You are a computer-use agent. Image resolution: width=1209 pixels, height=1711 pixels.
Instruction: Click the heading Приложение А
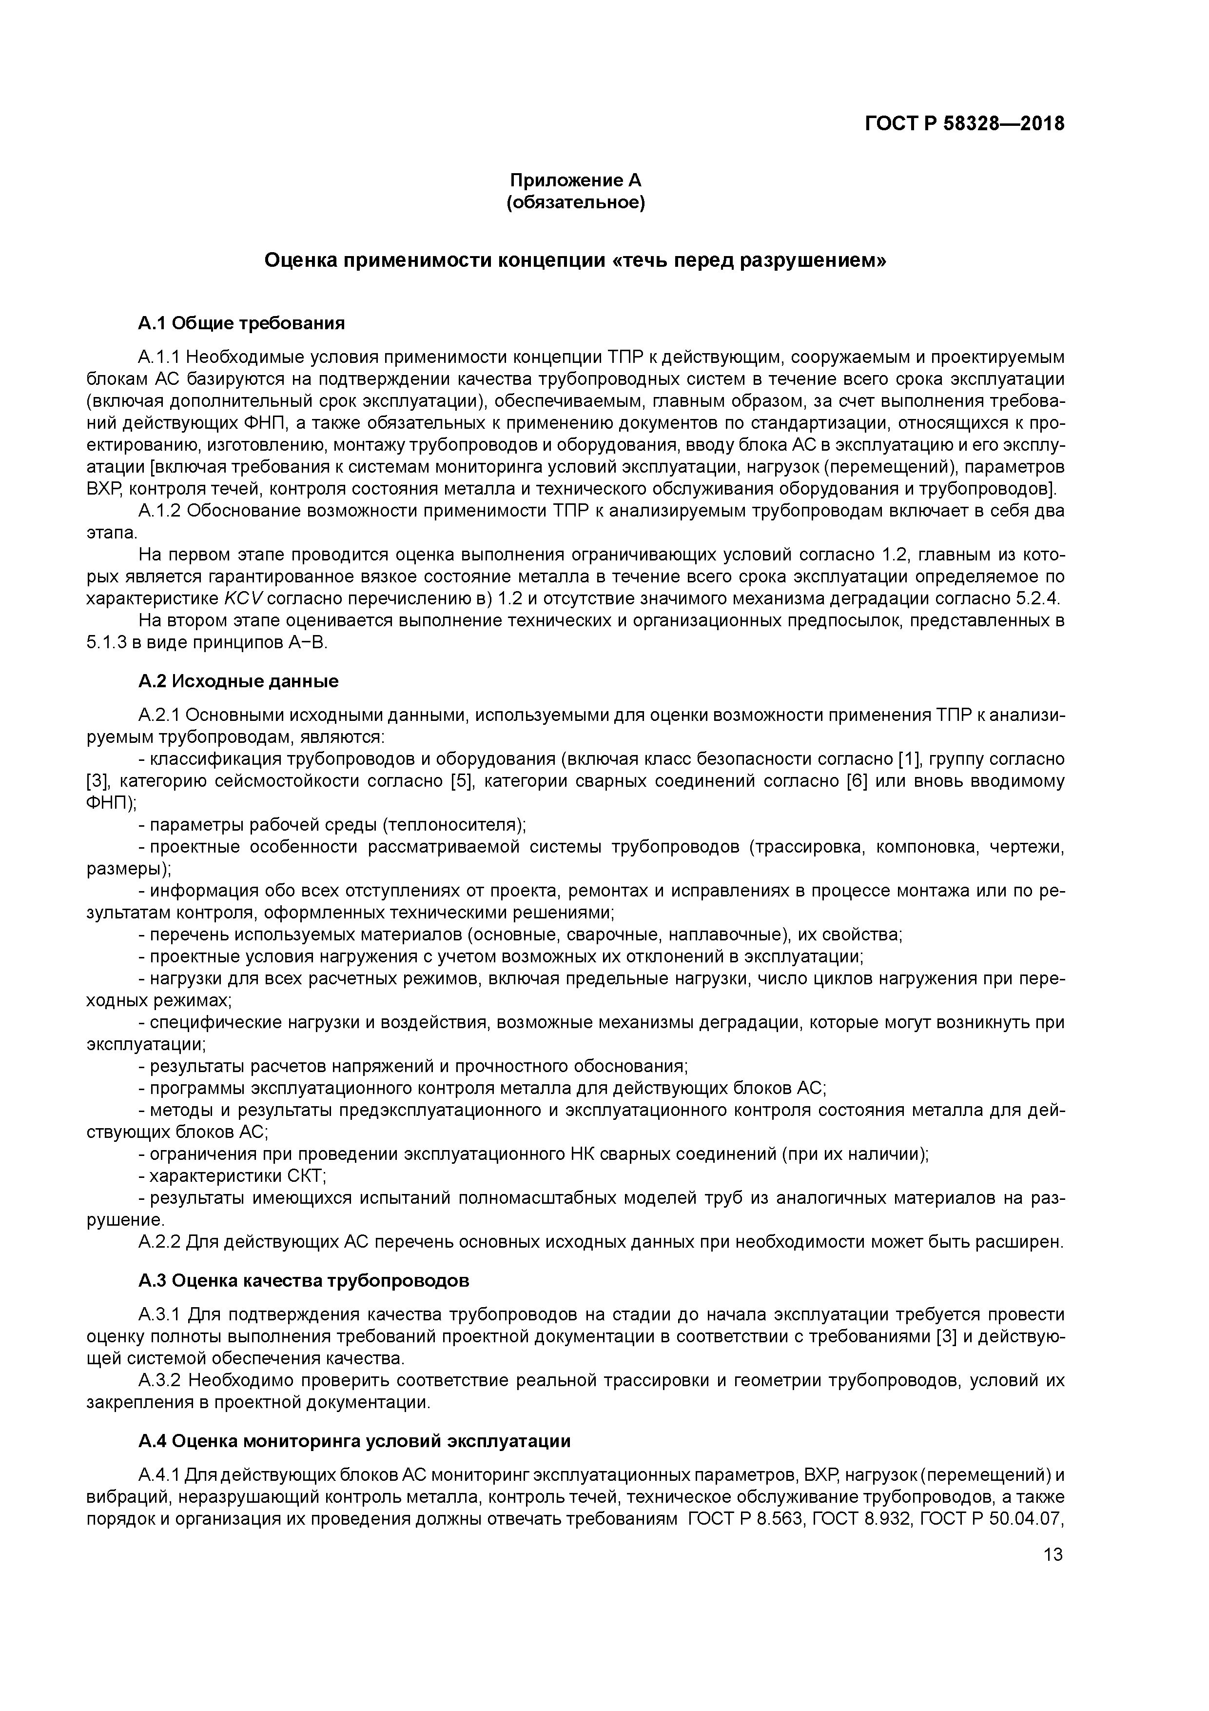click(575, 180)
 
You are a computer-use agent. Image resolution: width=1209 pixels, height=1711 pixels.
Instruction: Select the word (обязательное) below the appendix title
click(575, 203)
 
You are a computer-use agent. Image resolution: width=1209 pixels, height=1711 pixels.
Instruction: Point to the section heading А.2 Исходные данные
click(238, 680)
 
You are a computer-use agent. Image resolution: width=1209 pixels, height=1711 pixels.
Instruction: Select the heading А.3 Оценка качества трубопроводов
click(304, 1280)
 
